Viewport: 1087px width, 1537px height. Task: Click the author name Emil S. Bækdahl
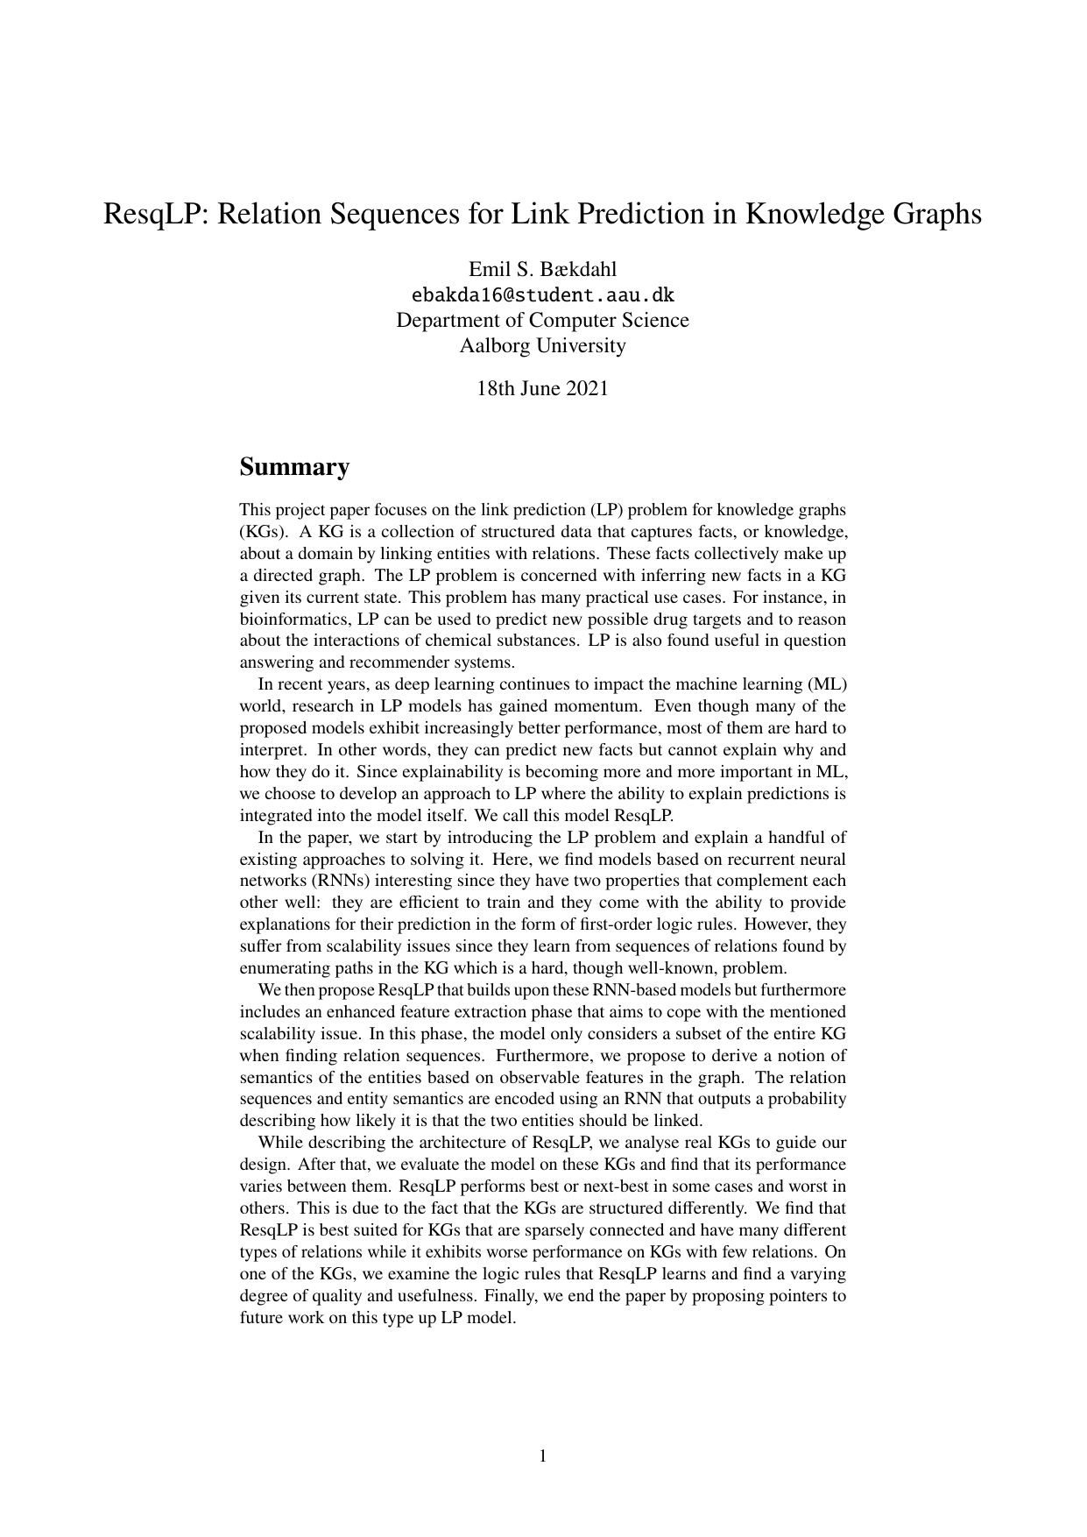coord(542,268)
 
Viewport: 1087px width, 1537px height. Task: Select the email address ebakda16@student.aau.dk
coord(542,294)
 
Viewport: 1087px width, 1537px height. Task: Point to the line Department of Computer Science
coord(542,320)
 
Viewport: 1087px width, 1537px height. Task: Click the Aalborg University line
coord(542,345)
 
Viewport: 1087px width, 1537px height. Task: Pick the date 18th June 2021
coord(542,388)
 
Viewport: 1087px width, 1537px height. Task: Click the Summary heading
coord(294,466)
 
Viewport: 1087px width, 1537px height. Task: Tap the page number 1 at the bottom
coord(543,1456)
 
